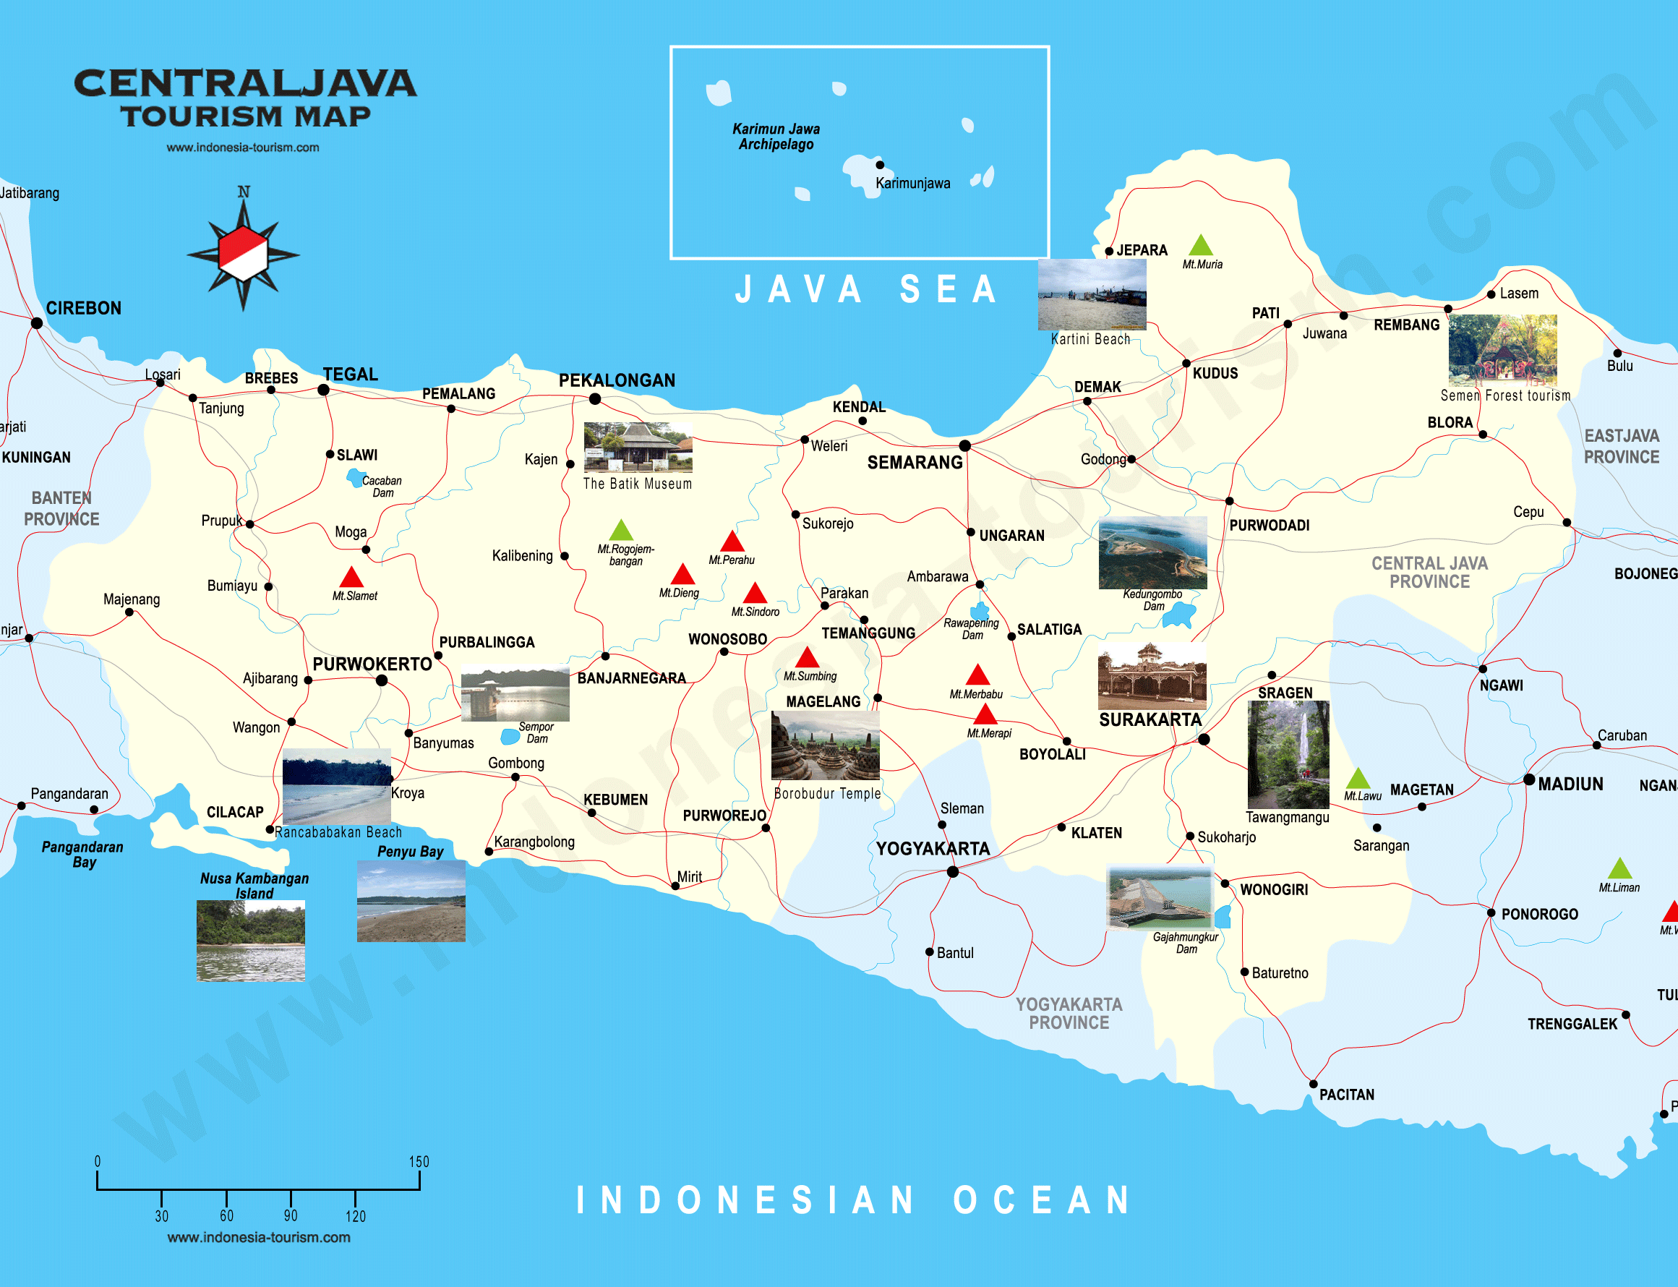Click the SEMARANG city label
[x=915, y=463]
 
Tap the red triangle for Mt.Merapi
[x=985, y=716]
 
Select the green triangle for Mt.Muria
[x=1200, y=247]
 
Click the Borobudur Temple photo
[x=825, y=745]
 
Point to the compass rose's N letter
[x=244, y=192]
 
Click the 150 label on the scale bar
[x=418, y=1161]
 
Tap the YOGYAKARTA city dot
[x=953, y=872]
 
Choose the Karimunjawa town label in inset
[x=912, y=184]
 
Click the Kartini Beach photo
[x=1092, y=294]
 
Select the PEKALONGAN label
[x=617, y=381]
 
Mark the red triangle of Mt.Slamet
[x=351, y=578]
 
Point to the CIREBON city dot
[x=37, y=323]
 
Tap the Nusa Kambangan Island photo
[x=250, y=941]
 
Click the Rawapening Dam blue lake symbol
[x=979, y=612]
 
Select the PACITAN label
[x=1346, y=1095]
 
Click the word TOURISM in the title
[x=202, y=116]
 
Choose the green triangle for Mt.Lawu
[x=1358, y=779]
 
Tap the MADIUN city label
[x=1570, y=784]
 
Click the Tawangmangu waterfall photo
[x=1288, y=755]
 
